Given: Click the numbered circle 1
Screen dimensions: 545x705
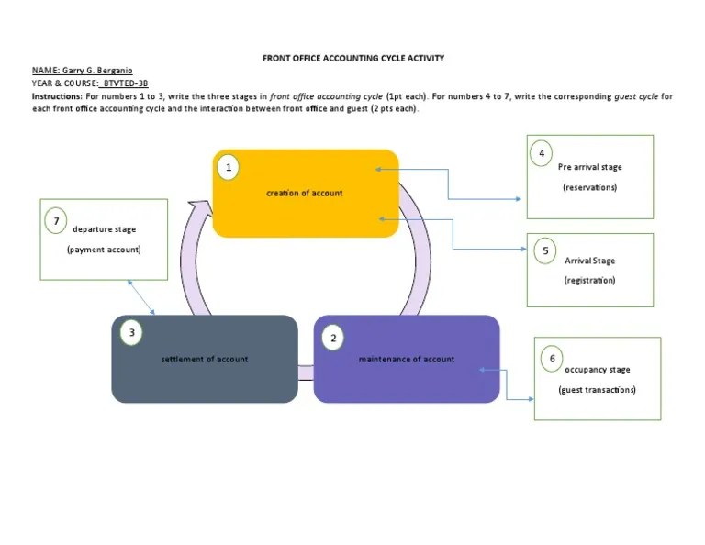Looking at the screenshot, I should tap(229, 168).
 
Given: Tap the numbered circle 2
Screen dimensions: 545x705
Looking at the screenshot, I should tap(333, 338).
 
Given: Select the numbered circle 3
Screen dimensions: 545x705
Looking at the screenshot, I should tap(132, 332).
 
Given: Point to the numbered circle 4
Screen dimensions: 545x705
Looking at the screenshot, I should tap(542, 153).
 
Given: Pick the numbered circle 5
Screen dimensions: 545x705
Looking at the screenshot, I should tap(545, 250).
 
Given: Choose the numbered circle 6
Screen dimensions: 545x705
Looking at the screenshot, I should tap(552, 358).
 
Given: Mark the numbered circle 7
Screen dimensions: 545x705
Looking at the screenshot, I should tap(56, 221).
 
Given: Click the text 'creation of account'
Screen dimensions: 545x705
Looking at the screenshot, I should tap(305, 193).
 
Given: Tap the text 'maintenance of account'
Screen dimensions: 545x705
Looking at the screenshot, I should tap(406, 359).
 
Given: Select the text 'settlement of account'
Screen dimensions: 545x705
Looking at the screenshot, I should tap(205, 359).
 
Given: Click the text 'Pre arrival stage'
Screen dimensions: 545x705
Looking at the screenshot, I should tap(589, 167).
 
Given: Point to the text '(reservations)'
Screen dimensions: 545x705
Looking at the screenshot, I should tap(589, 187).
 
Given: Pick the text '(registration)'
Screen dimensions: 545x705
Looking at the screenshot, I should tap(589, 280).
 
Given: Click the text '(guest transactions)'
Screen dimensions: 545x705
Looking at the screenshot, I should tap(597, 390).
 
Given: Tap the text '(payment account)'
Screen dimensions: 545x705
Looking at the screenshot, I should tap(104, 250).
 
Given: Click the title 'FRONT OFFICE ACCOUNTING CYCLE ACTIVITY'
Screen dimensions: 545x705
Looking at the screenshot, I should tap(353, 58).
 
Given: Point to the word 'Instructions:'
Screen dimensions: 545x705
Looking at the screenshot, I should tap(57, 95).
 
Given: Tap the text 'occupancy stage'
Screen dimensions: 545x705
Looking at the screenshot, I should tap(598, 370).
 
